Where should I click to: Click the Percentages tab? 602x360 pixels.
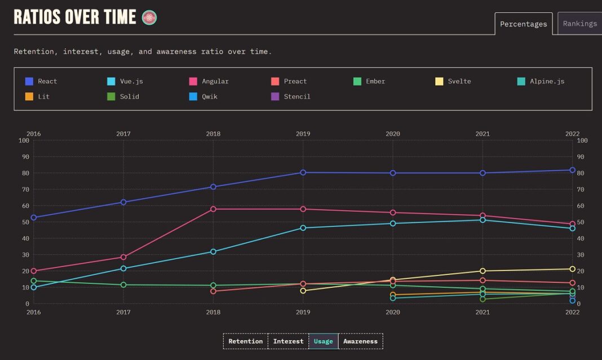(x=523, y=24)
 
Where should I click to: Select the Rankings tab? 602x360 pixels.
(x=579, y=24)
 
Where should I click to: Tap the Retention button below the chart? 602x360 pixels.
(x=245, y=341)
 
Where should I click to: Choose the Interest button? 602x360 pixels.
(x=288, y=341)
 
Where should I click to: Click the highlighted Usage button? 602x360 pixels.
(x=323, y=341)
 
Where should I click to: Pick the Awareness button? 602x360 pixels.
(x=360, y=341)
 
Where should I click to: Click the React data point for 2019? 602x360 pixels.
(x=303, y=172)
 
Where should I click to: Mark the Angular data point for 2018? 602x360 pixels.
(x=213, y=209)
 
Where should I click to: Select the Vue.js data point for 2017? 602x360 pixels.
(x=123, y=269)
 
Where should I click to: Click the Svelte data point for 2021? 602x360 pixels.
(x=483, y=271)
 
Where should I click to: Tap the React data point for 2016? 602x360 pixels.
(x=34, y=217)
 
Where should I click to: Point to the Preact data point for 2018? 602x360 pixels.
(x=213, y=291)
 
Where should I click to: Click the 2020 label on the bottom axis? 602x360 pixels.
(x=392, y=312)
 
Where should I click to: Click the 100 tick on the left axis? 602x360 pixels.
(x=24, y=140)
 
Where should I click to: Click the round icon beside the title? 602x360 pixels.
(x=149, y=17)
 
